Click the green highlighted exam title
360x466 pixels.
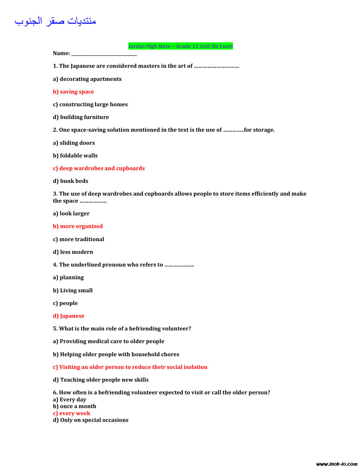point(180,46)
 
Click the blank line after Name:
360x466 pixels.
point(104,54)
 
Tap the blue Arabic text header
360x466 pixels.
point(55,21)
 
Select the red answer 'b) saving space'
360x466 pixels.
point(73,92)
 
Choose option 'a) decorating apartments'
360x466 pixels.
point(87,79)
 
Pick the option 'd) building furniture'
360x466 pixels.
point(81,117)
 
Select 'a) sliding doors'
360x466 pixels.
point(74,143)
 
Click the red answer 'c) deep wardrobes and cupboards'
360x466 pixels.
point(99,168)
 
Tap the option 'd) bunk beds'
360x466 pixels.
point(71,181)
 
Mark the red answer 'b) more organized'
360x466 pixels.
point(78,226)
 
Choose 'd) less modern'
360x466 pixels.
point(73,252)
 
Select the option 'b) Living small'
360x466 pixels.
point(73,291)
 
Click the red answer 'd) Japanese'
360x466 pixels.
point(68,316)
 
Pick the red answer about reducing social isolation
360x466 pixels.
point(130,367)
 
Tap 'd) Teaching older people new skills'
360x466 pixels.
point(101,380)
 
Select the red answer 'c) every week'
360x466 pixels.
point(72,413)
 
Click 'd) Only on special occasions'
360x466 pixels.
point(91,420)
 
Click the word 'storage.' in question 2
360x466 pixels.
point(264,130)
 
